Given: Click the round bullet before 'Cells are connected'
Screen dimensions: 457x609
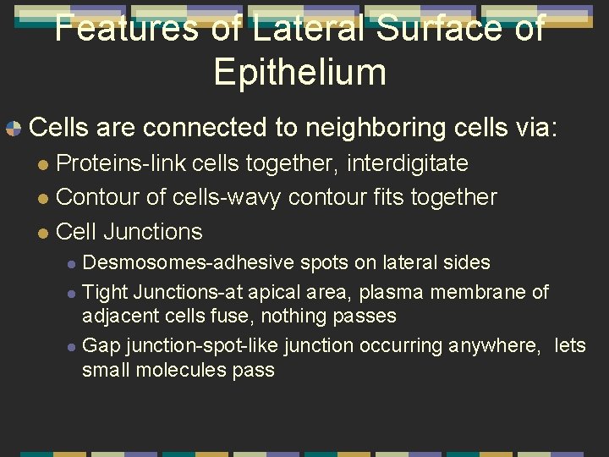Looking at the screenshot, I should coord(13,129).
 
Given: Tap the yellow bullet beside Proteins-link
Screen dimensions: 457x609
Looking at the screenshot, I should coord(44,163).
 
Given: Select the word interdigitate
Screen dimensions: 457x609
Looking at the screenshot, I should coord(397,162).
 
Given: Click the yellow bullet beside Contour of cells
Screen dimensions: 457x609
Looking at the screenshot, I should coord(44,198).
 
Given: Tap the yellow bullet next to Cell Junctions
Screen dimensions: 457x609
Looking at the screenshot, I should coord(44,233).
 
